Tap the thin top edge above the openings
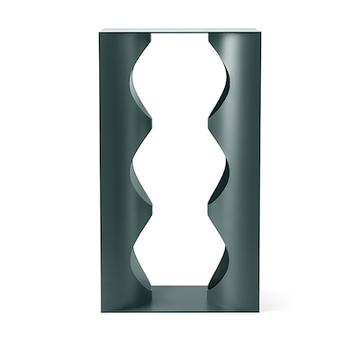click(x=179, y=33)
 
